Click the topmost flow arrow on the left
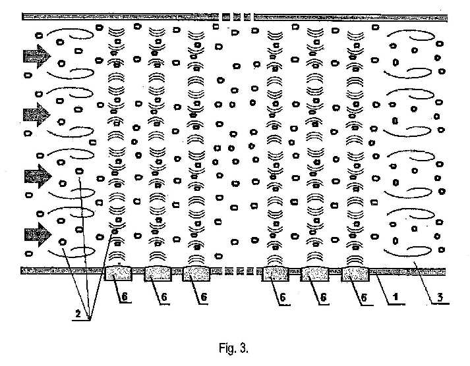click(37, 57)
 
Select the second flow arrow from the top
click(37, 115)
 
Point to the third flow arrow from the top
click(38, 176)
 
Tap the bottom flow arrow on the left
click(38, 234)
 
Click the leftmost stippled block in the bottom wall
click(118, 273)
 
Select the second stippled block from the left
click(158, 274)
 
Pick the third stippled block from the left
click(196, 274)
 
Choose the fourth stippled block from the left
click(275, 274)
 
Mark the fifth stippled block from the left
click(314, 274)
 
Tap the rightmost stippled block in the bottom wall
click(355, 274)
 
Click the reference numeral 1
click(396, 297)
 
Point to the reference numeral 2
click(78, 313)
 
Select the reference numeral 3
click(440, 297)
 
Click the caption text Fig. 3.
click(233, 348)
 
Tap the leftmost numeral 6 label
click(125, 296)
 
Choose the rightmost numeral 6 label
click(364, 297)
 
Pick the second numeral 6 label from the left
click(163, 297)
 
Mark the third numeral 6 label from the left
click(203, 297)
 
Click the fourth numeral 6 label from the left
click(282, 297)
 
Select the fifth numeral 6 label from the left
click(323, 297)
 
